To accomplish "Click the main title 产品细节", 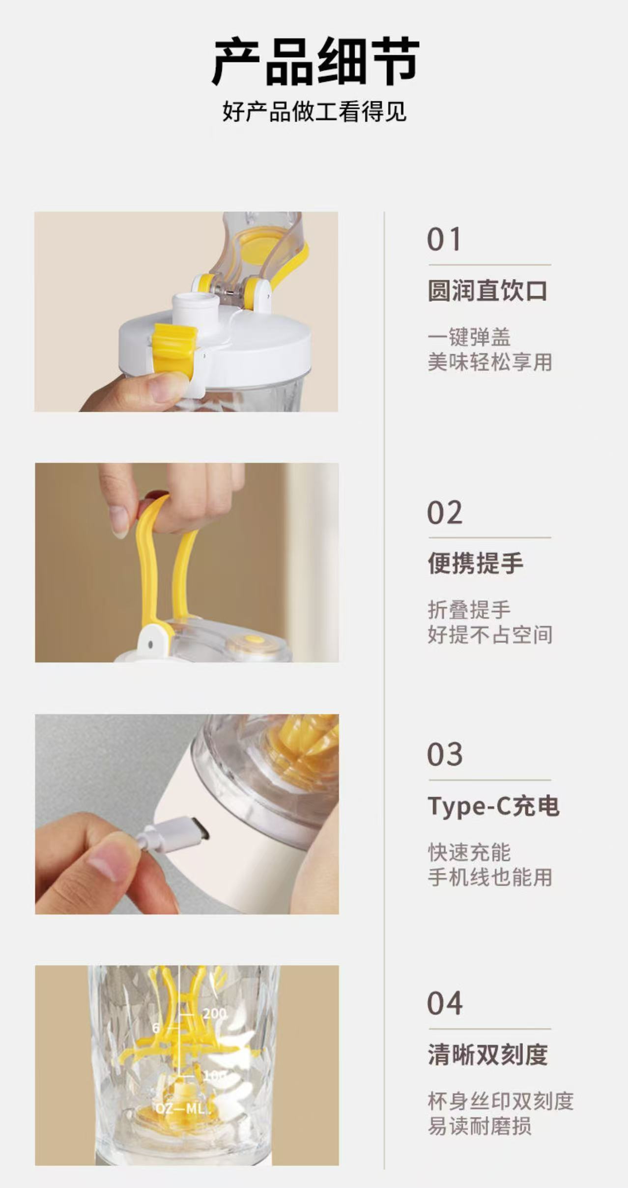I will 315,63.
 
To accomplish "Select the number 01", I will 444,240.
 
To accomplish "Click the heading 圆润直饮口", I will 487,291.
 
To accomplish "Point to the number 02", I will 444,513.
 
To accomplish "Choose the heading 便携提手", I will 475,563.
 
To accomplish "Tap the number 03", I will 444,755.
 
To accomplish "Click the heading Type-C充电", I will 493,806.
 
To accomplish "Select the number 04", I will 444,1003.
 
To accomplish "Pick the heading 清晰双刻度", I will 487,1054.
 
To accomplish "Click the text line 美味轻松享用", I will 489,363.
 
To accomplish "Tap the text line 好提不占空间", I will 489,635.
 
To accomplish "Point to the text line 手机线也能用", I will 489,877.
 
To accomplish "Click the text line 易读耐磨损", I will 479,1126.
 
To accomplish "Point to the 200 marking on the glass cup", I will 215,1014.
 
